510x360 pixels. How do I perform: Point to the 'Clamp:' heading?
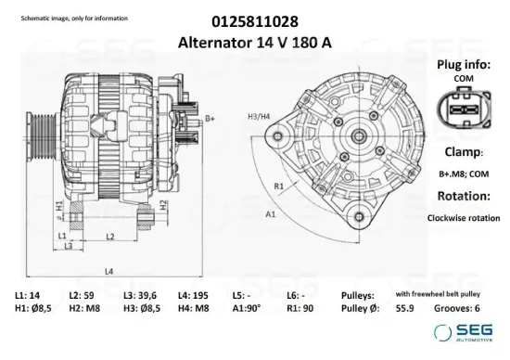click(x=464, y=151)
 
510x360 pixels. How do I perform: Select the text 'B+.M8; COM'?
click(x=464, y=174)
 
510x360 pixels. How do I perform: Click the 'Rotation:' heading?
click(x=464, y=196)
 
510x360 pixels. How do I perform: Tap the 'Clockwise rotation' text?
click(x=464, y=218)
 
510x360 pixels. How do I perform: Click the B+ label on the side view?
click(x=210, y=118)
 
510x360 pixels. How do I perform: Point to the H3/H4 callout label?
click(x=259, y=116)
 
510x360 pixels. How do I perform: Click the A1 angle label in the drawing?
click(x=271, y=214)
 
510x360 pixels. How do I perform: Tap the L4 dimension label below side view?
click(x=109, y=271)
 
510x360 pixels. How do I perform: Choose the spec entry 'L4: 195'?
click(x=193, y=294)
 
